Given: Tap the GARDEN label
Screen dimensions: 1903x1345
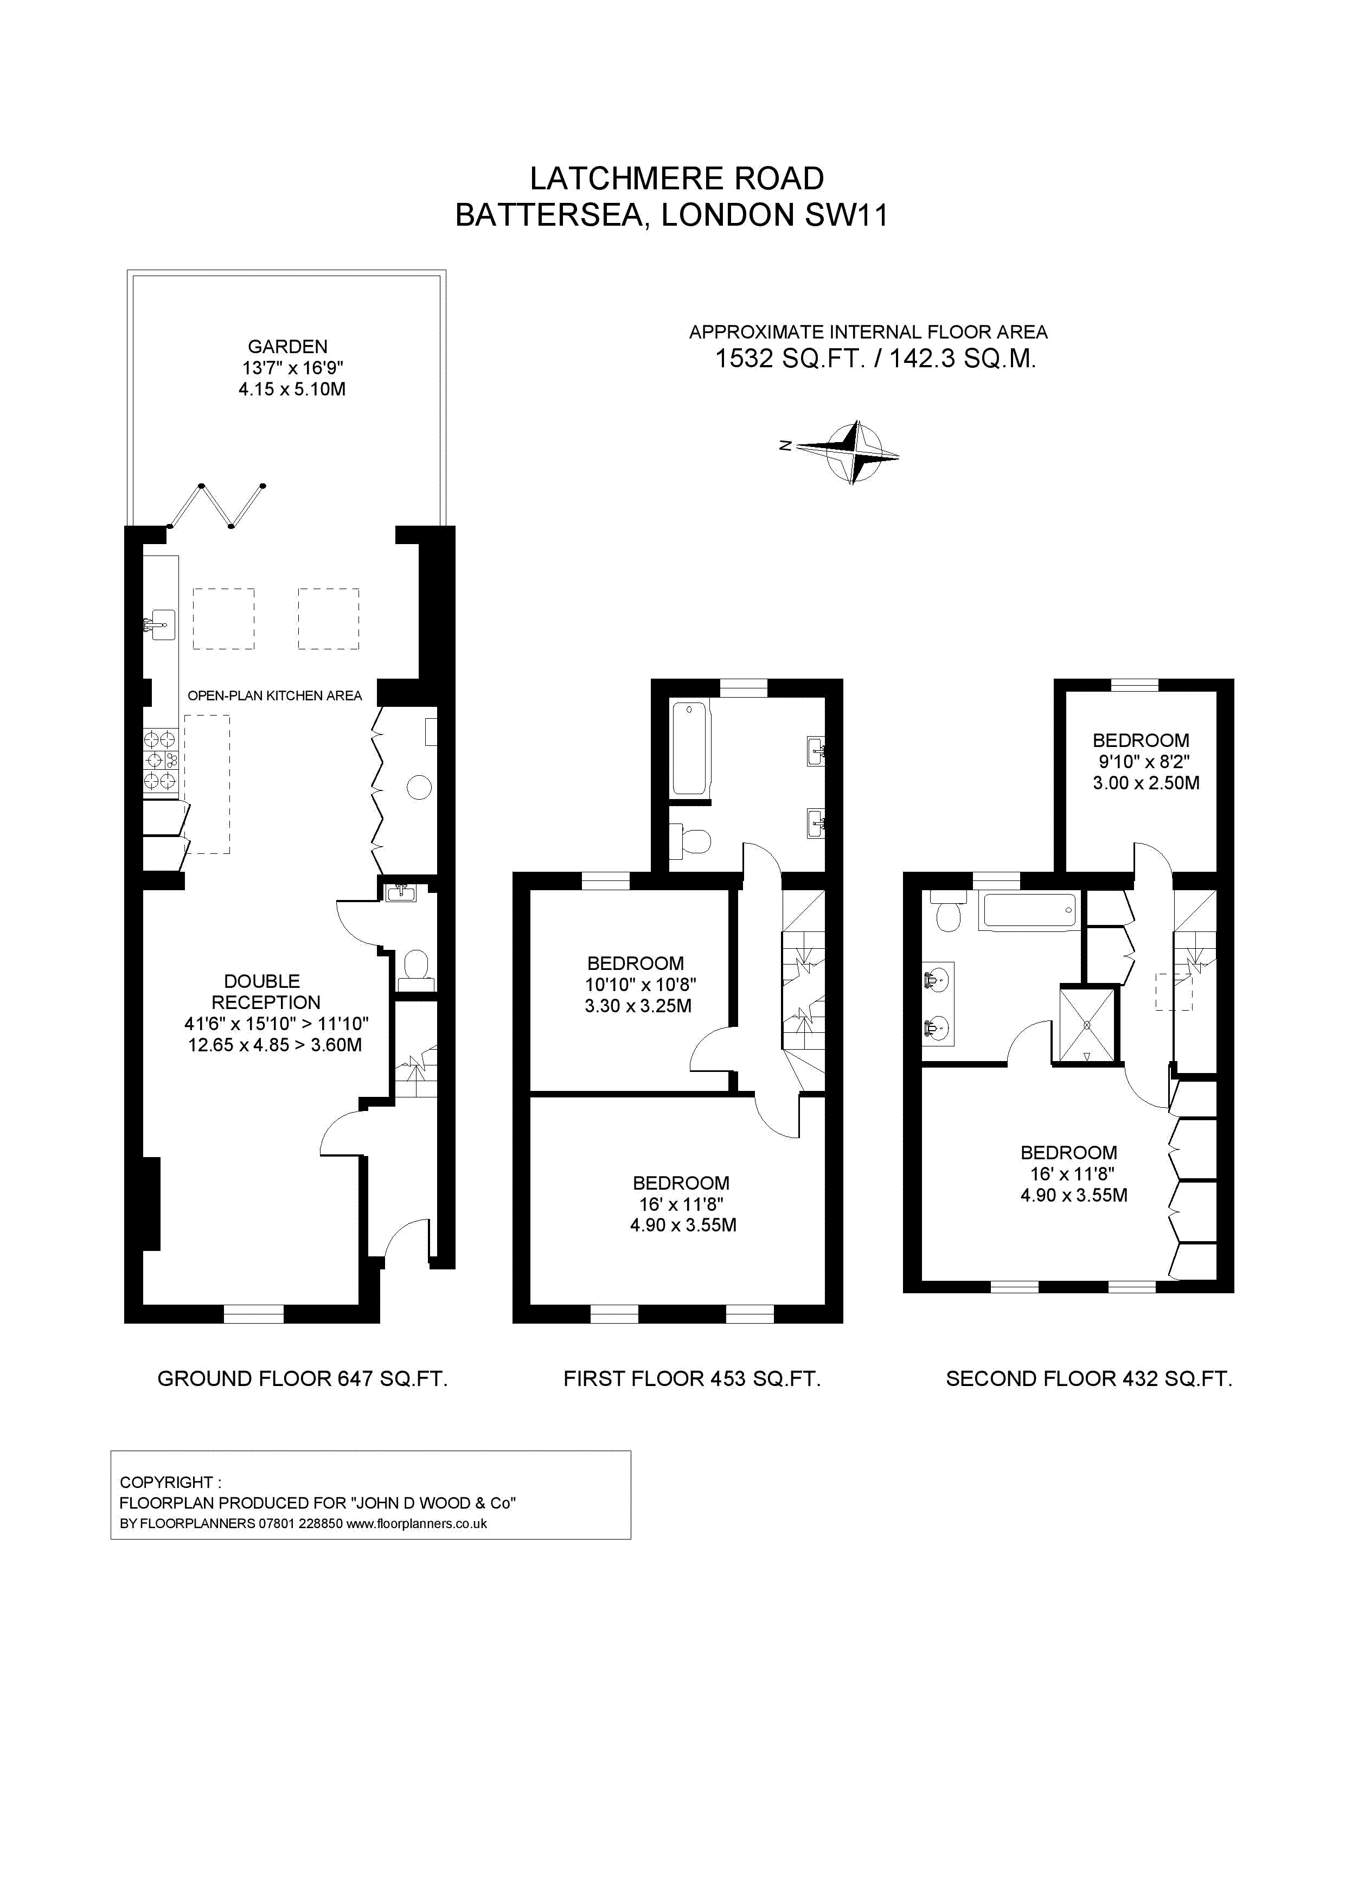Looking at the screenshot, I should [287, 347].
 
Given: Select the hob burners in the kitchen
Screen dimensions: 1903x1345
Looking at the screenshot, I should [161, 759].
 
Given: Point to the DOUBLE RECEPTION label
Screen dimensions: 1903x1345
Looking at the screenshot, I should [264, 991].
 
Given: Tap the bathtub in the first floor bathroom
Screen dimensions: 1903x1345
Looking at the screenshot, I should [689, 749].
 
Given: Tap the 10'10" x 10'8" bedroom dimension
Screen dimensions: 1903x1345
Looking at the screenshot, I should [641, 985].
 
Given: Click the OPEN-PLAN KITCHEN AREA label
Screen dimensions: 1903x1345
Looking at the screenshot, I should [274, 695].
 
